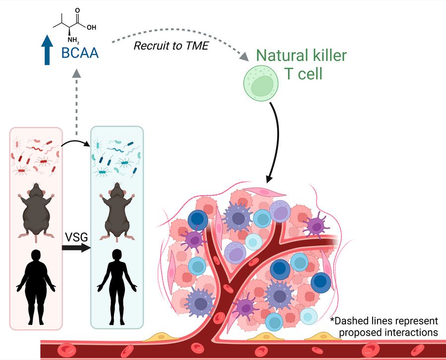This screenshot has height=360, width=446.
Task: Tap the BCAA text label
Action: coord(80,53)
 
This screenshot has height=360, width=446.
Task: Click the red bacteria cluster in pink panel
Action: coord(36,156)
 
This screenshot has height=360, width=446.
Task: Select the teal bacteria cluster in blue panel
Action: coord(116,156)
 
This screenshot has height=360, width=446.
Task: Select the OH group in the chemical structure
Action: coord(92,28)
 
